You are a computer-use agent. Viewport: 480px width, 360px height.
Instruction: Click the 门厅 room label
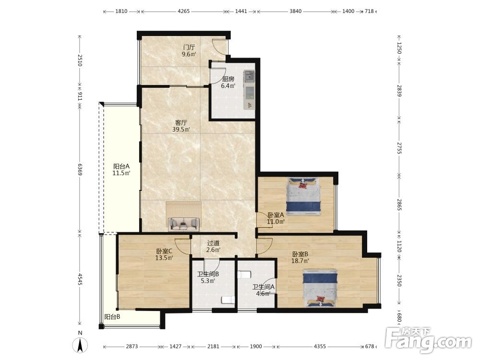(x=189, y=48)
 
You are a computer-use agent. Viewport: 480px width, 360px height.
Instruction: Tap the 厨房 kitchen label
(x=228, y=79)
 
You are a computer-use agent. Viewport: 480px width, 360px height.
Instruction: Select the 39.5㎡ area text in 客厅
(x=181, y=130)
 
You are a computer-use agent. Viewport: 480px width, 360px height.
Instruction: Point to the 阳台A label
(x=121, y=167)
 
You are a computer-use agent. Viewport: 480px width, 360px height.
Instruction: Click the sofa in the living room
(x=183, y=224)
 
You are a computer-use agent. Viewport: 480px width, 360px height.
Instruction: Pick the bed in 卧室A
(x=303, y=195)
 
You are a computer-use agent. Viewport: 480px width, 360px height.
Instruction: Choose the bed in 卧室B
(x=320, y=288)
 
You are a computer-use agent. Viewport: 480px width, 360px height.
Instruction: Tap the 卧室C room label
(x=164, y=252)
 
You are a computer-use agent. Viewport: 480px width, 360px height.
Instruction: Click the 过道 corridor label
(x=214, y=243)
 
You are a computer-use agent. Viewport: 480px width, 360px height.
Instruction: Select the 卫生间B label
(x=208, y=274)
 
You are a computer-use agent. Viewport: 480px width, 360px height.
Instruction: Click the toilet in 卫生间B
(x=228, y=300)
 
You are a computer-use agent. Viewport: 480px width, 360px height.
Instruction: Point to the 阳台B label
(x=112, y=317)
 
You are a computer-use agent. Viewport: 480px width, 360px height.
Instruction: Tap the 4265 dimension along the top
(x=184, y=12)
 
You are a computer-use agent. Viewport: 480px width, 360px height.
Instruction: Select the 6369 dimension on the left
(x=80, y=169)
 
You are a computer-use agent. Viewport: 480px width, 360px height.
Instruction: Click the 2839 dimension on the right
(x=399, y=91)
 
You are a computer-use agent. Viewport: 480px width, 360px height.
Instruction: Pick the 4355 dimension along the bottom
(x=320, y=347)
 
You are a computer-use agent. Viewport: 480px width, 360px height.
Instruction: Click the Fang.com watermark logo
(x=429, y=340)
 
